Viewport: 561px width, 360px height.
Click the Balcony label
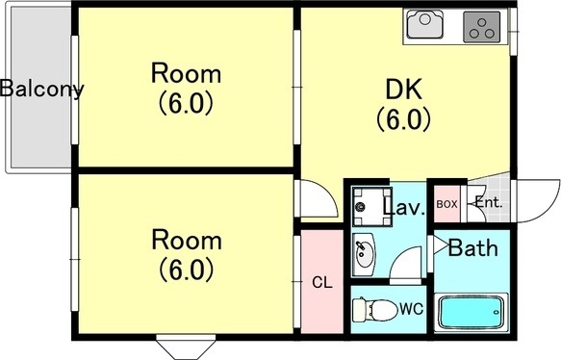pyautogui.click(x=42, y=89)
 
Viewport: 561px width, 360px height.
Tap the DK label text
pyautogui.click(x=403, y=90)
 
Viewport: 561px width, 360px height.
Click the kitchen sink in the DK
pyautogui.click(x=425, y=24)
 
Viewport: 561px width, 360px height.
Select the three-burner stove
pyautogui.click(x=481, y=26)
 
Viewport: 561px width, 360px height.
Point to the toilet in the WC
pyautogui.click(x=375, y=309)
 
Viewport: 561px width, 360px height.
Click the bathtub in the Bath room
pyautogui.click(x=471, y=313)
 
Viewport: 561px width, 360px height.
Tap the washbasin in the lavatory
pyautogui.click(x=364, y=254)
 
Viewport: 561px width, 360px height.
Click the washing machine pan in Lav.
pyautogui.click(x=371, y=207)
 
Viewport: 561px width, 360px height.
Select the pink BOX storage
pyautogui.click(x=447, y=203)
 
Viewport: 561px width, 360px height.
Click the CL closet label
pyautogui.click(x=322, y=283)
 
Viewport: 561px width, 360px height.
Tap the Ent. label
pyautogui.click(x=489, y=203)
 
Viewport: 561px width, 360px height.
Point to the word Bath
pyautogui.click(x=473, y=247)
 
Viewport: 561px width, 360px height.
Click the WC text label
pyautogui.click(x=412, y=308)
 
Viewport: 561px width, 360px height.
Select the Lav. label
pyautogui.click(x=404, y=207)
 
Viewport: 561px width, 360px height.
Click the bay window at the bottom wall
pyautogui.click(x=186, y=347)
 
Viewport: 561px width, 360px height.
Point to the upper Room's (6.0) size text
pyautogui.click(x=186, y=103)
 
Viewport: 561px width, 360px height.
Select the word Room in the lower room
pyautogui.click(x=187, y=240)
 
